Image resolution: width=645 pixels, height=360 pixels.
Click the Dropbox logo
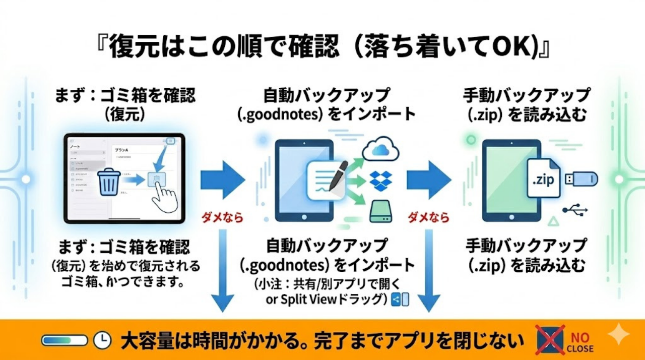point(381,181)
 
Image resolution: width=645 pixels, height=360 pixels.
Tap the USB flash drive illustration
point(581,178)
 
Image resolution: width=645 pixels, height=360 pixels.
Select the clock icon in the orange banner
point(102,341)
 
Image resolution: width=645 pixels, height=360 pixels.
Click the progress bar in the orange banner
point(64,341)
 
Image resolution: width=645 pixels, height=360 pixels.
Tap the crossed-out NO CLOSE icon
point(549,340)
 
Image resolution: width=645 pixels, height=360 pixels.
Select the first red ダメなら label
point(222,218)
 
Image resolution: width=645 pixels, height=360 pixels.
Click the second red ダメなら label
point(428,218)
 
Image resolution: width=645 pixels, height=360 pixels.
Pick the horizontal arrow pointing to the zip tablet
point(428,179)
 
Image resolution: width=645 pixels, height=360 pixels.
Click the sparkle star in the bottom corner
point(618,335)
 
